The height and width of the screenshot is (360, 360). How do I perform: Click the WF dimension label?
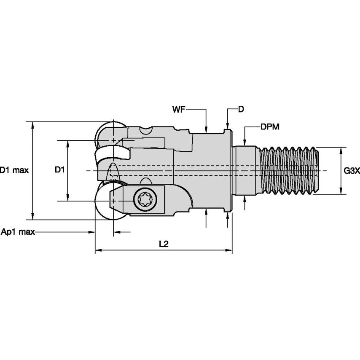tap(178, 110)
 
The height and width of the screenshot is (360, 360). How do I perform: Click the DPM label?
tap(270, 126)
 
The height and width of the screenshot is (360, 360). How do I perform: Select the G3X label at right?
tap(350, 171)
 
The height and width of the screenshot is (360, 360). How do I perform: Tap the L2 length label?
tap(164, 244)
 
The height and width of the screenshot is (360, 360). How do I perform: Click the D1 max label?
tap(14, 170)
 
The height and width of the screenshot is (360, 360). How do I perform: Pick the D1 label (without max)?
tap(59, 170)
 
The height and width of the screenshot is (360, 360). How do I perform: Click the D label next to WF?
tap(241, 109)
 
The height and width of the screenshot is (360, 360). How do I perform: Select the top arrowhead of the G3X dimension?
tap(340, 150)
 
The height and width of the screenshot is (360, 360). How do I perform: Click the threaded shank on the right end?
tap(289, 170)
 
